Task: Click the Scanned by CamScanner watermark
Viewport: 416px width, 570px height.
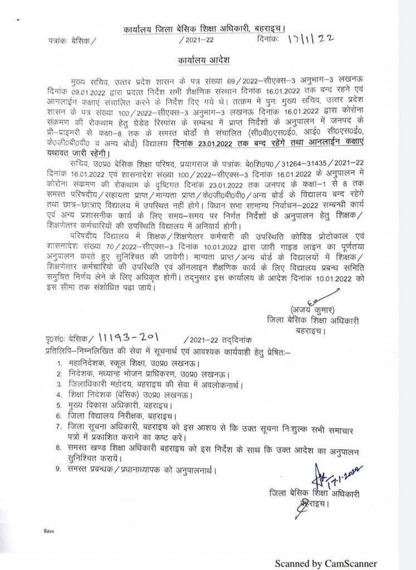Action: click(x=325, y=563)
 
